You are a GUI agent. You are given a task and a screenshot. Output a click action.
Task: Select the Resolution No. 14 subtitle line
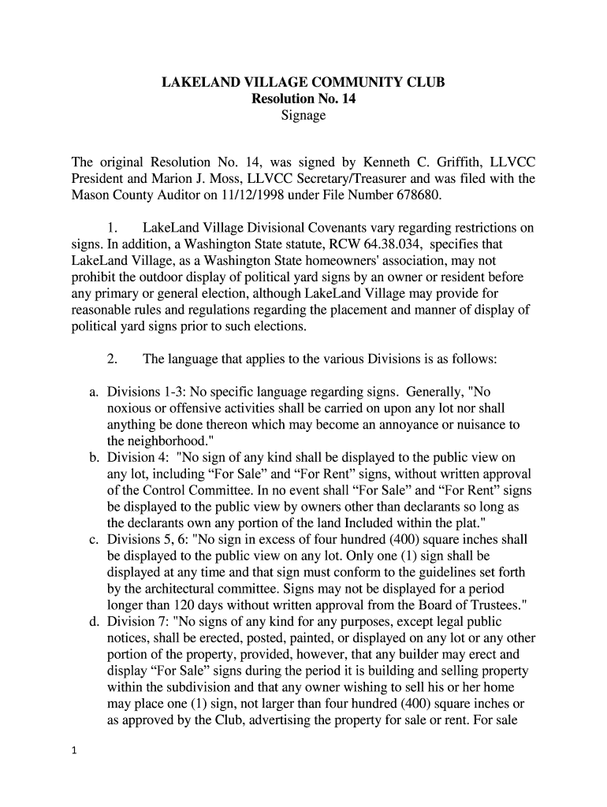(303, 99)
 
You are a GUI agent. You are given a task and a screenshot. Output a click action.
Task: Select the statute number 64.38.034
(436, 244)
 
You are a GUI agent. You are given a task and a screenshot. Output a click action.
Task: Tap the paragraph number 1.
(111, 229)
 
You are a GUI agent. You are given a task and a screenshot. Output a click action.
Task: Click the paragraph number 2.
(112, 359)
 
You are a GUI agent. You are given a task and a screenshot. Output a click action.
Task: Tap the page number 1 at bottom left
(73, 751)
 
